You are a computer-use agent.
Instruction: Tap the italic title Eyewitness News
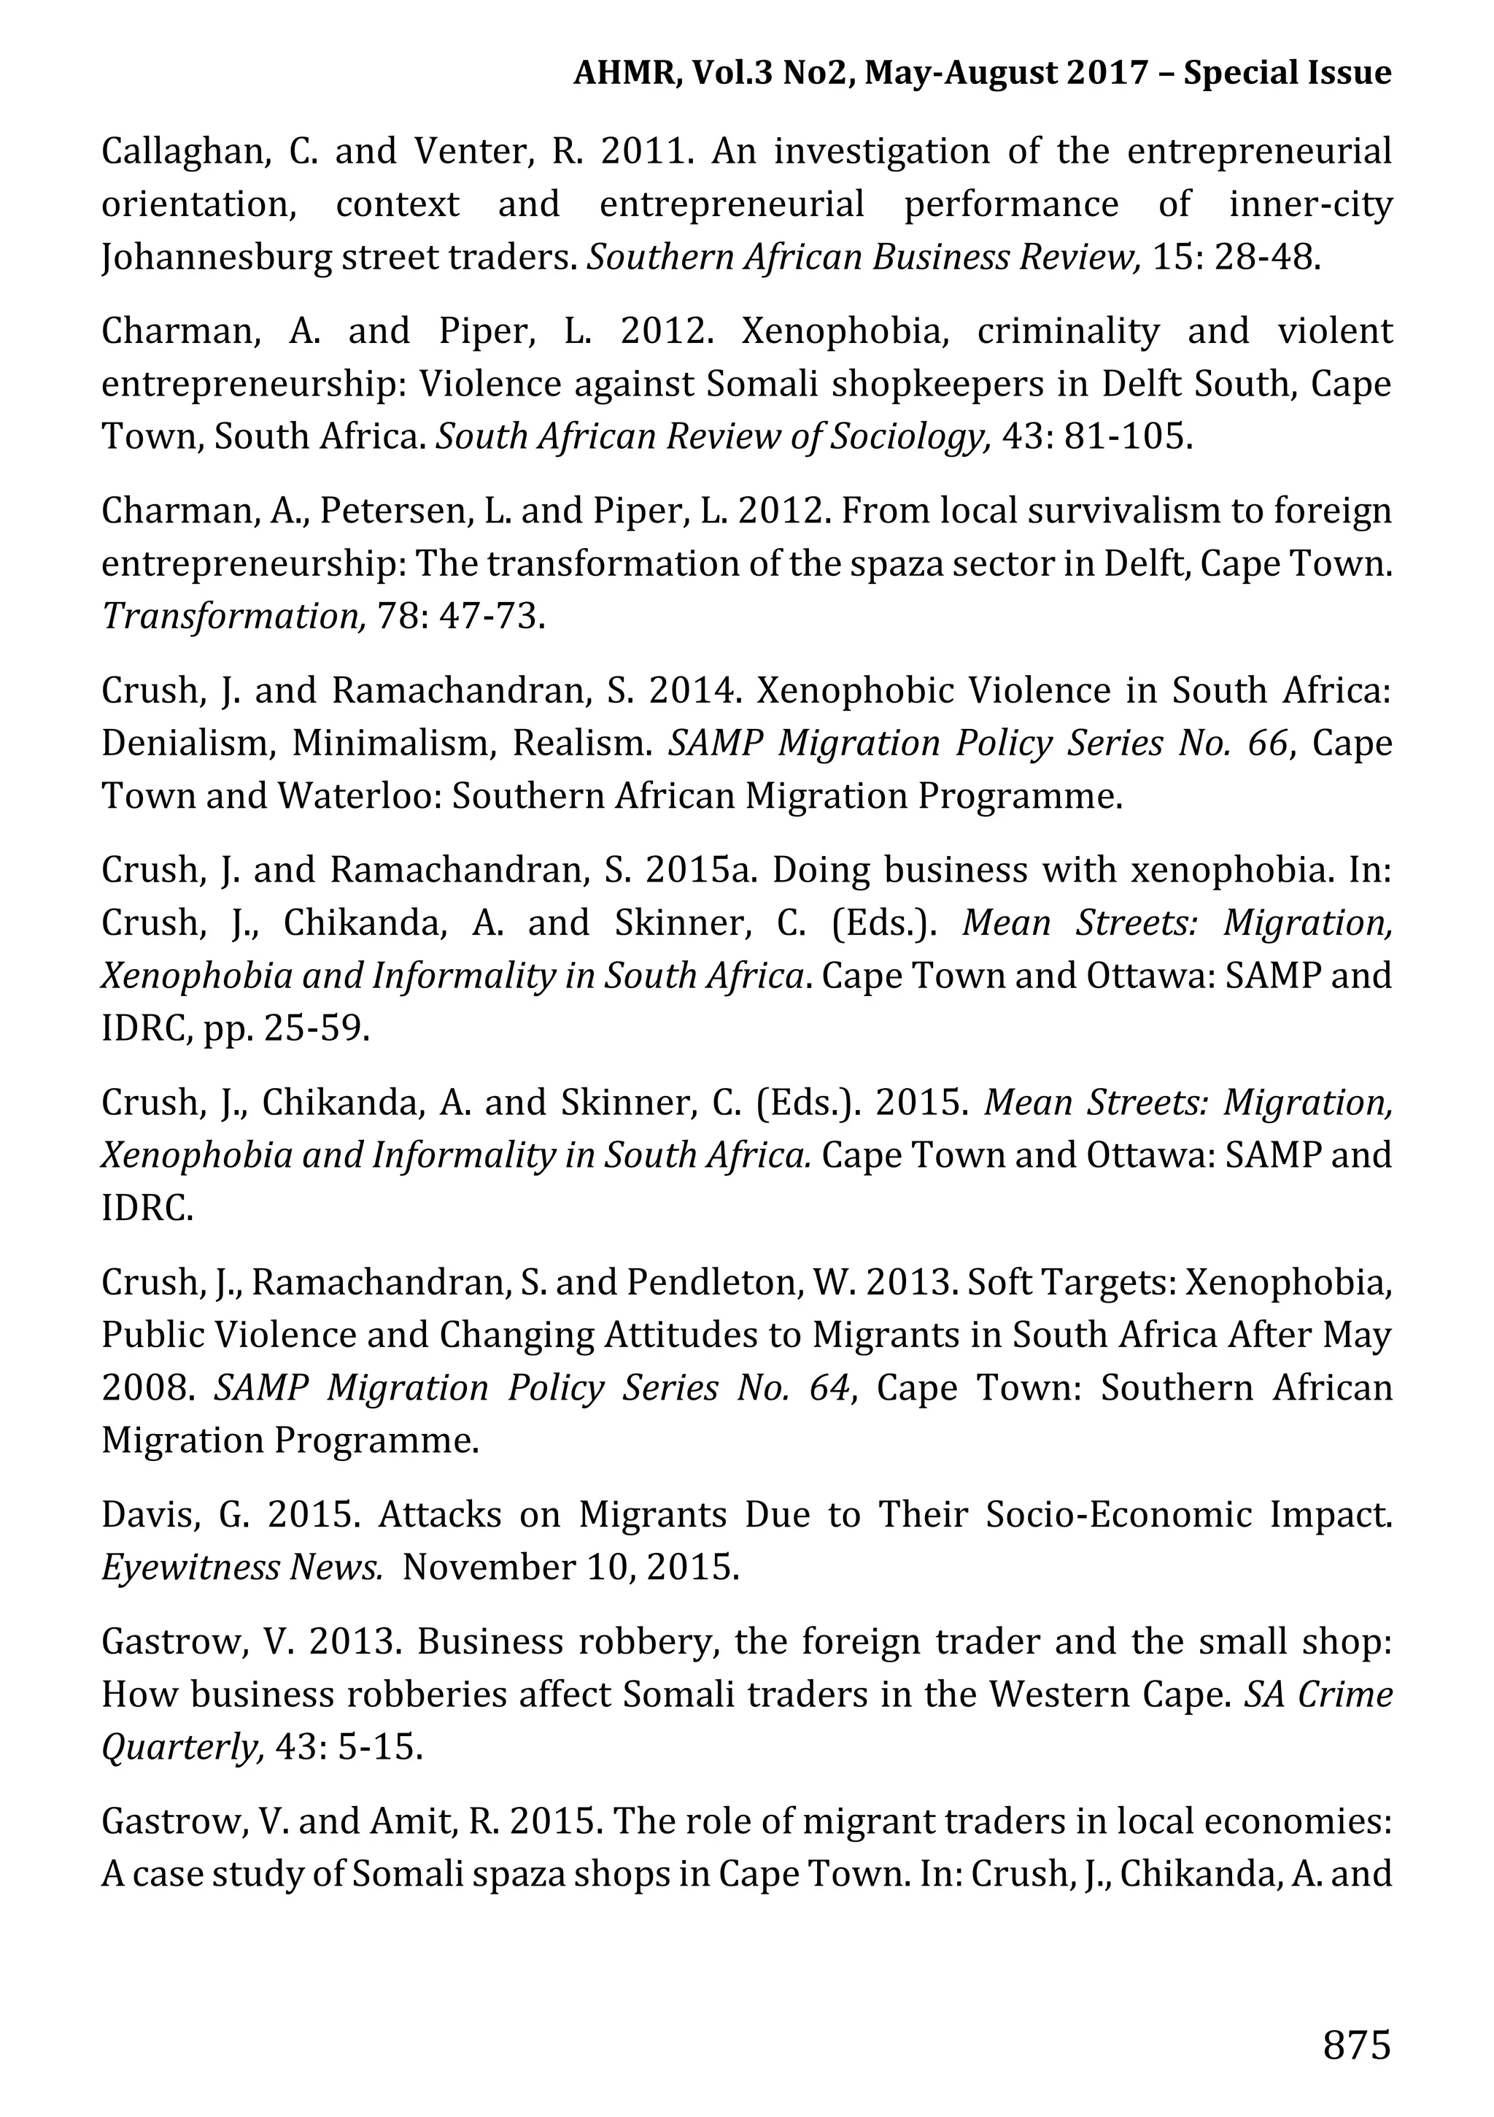point(242,1567)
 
